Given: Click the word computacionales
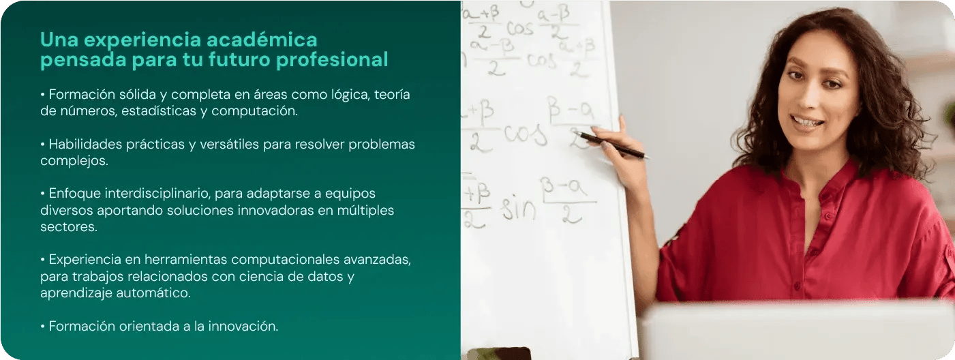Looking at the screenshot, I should point(287,260).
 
